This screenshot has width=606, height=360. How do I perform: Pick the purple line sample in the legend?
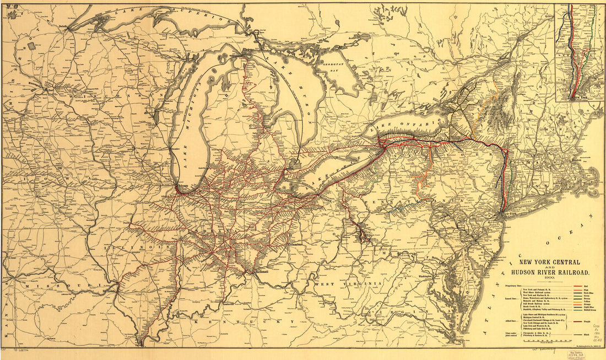(x=578, y=320)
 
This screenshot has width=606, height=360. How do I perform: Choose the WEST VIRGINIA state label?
(x=340, y=283)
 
